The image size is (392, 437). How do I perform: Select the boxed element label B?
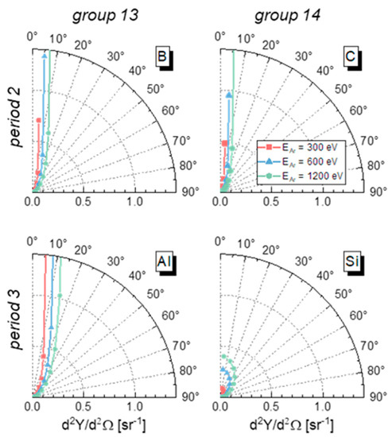tap(164, 59)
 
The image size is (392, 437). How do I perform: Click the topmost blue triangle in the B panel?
tap(45, 56)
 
